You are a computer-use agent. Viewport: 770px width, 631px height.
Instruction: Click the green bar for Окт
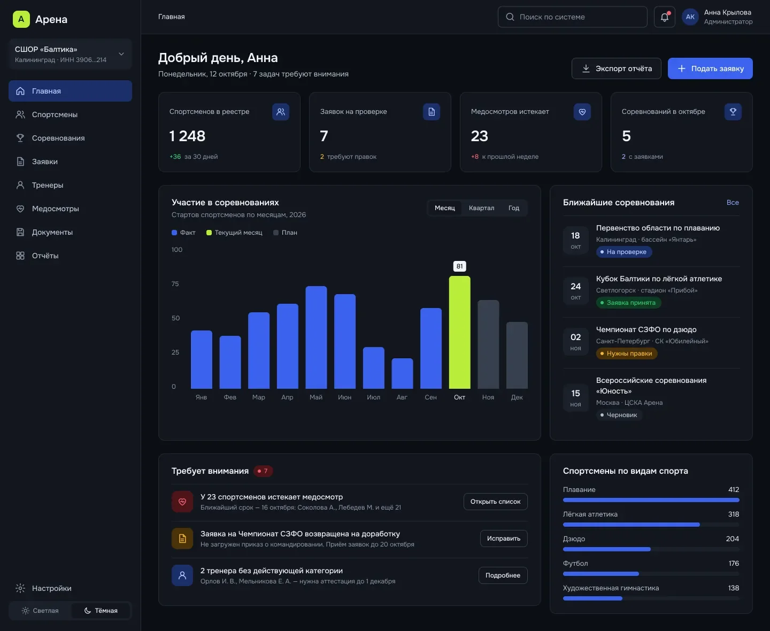[459, 332]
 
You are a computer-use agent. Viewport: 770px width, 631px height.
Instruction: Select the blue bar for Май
[316, 337]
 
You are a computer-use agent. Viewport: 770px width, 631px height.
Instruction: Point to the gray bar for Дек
[517, 355]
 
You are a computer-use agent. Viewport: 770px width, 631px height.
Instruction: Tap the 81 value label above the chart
[459, 266]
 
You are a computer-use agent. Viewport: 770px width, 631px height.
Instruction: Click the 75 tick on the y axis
[175, 284]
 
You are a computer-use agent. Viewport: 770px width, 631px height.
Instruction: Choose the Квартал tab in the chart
[481, 208]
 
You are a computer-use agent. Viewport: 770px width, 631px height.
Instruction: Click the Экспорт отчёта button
[616, 68]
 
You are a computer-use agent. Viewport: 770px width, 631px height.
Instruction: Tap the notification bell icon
[664, 17]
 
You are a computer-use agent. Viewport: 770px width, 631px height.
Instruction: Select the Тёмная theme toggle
[101, 610]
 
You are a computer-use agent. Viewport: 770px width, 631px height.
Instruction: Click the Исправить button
[504, 538]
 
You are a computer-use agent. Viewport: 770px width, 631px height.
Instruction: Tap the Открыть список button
[495, 502]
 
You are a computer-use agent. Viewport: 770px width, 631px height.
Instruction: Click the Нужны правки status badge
[627, 353]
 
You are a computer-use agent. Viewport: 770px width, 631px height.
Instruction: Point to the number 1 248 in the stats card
[187, 136]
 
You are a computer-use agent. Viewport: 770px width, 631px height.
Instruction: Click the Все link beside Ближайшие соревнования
[733, 202]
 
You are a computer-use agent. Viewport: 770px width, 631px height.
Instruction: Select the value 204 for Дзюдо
[733, 538]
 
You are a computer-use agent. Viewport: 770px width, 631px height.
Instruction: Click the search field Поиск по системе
[572, 17]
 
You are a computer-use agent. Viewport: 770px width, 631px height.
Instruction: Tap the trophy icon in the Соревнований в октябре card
[733, 112]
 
